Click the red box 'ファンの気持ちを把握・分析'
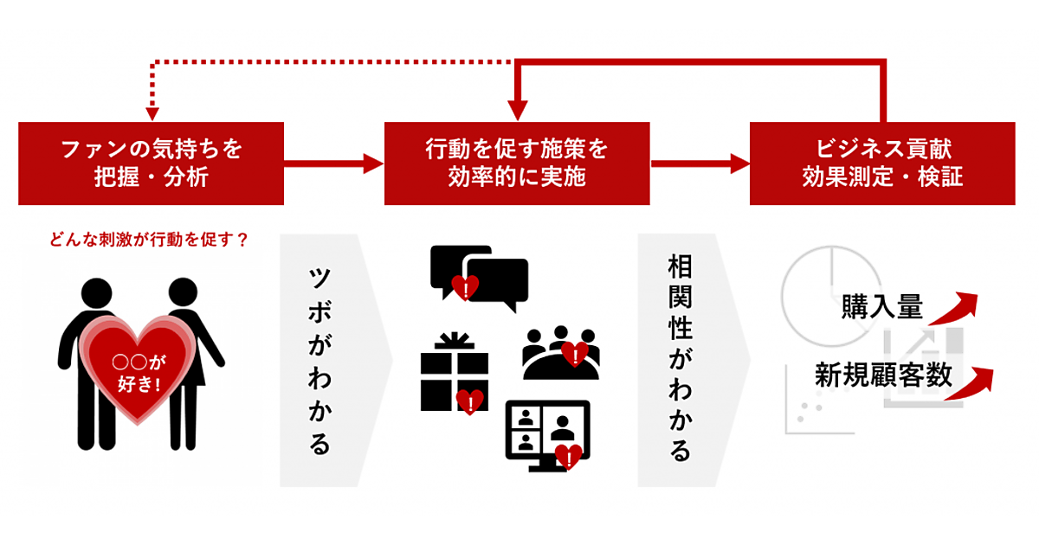152,163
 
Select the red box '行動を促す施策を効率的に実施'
517,163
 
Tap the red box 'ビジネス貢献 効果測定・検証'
882,163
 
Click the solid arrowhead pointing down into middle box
517,111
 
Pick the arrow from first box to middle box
334,163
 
